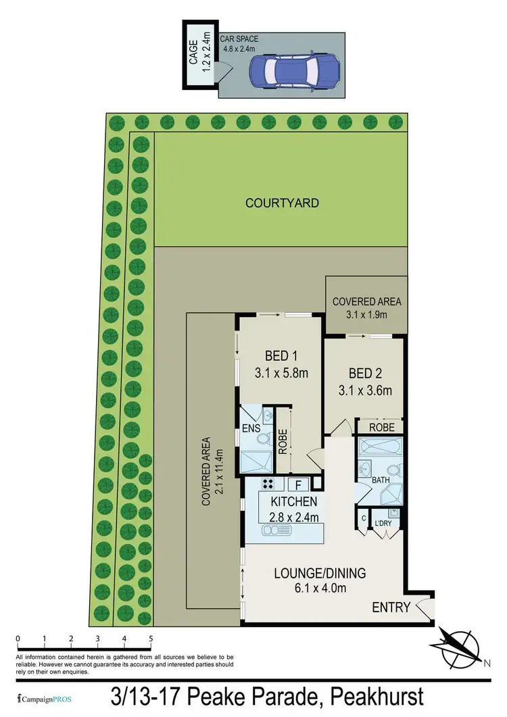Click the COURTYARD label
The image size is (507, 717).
click(x=282, y=203)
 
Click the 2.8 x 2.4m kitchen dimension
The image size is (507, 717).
click(x=293, y=518)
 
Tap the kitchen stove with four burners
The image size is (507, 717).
click(x=268, y=484)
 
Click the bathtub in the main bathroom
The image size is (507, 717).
click(x=380, y=447)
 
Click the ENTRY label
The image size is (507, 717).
click(x=391, y=608)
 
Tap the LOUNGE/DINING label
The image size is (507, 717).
click(x=320, y=574)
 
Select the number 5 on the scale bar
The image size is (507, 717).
click(x=151, y=638)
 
